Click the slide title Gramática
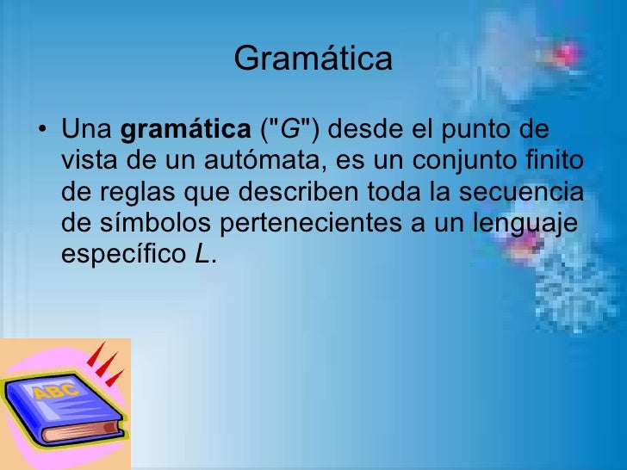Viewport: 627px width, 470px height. [313, 59]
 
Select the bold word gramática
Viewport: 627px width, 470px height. [184, 131]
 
